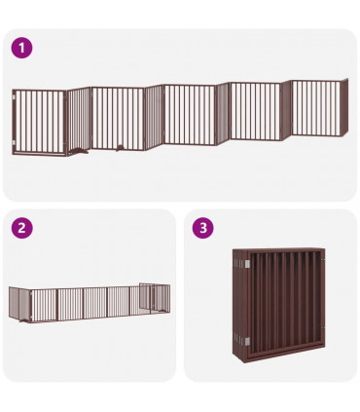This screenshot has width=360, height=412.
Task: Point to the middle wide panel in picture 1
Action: [x=189, y=115]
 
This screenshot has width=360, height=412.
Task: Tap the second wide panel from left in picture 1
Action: [x=117, y=119]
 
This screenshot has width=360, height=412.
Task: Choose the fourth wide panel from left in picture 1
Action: [x=255, y=111]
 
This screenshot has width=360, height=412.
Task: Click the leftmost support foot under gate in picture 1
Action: [x=79, y=151]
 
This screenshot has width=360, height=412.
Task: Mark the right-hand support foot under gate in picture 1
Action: [x=117, y=147]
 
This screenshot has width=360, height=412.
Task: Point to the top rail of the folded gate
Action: [x=282, y=253]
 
